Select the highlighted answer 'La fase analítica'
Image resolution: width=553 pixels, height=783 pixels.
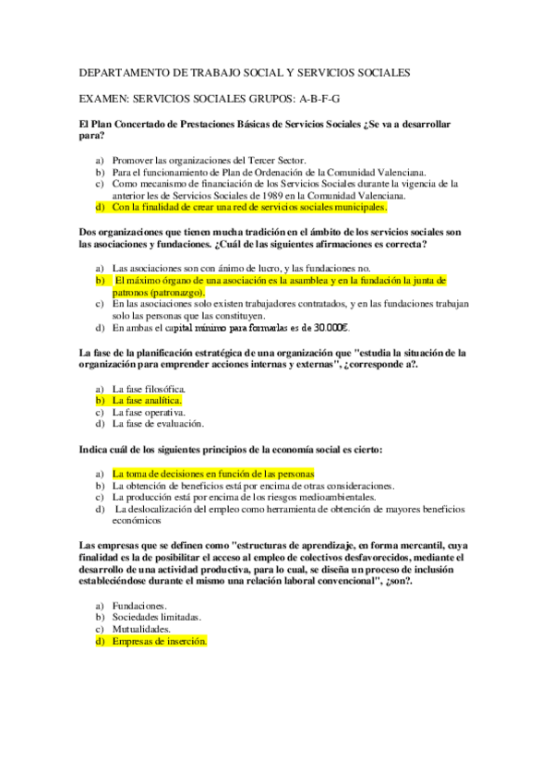[x=146, y=401]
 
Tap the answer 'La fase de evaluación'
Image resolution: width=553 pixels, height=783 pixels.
[x=157, y=425]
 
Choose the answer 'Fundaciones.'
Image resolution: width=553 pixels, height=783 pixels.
[x=139, y=606]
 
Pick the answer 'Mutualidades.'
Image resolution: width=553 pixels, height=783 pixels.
[x=144, y=630]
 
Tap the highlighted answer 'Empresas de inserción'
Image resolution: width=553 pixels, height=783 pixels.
[x=159, y=642]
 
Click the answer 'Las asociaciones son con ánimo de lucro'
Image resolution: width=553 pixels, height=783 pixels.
[x=200, y=267]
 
